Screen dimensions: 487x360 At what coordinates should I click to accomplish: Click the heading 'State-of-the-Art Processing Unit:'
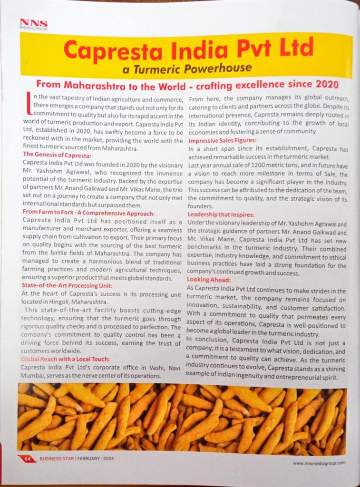pos(67,285)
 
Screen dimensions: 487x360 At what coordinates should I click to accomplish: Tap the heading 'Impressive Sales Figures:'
pos(222,141)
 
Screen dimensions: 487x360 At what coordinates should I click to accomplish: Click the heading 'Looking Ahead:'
pos(209,280)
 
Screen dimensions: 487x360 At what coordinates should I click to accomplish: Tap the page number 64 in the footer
pos(28,458)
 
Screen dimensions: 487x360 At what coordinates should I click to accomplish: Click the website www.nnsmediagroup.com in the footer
pos(319,462)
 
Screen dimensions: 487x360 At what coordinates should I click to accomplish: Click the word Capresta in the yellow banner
pos(121,49)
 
